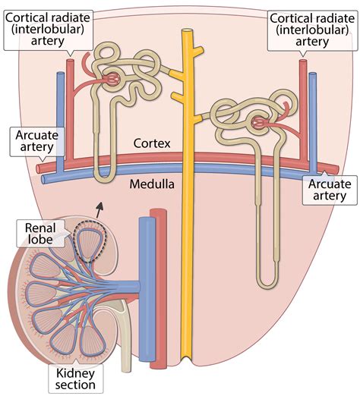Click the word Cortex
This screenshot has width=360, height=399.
click(151, 143)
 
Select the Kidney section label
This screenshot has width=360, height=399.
click(75, 377)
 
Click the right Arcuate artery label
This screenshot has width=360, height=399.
click(327, 189)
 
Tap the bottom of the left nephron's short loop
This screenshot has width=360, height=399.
click(105, 178)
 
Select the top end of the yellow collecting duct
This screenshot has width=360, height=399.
click(185, 33)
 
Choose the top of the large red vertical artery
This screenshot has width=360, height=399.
click(159, 212)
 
